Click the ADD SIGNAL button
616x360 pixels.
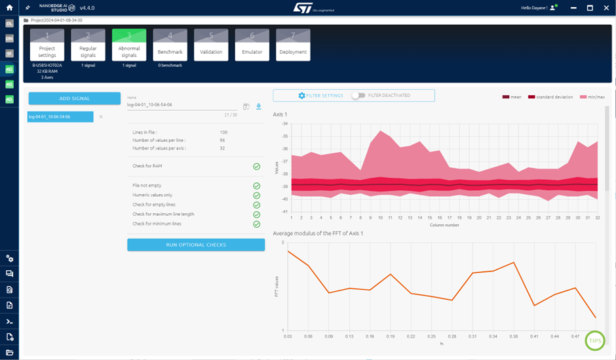point(74,98)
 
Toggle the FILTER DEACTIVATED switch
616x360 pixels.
point(358,96)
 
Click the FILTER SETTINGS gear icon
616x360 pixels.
point(301,96)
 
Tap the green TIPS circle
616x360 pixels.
point(595,340)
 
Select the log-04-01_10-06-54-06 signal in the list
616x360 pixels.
point(60,117)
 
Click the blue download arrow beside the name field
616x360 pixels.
point(259,106)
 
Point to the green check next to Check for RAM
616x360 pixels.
point(257,167)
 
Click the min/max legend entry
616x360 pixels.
point(592,97)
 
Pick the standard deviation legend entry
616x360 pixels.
point(550,97)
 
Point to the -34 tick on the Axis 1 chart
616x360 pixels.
point(285,123)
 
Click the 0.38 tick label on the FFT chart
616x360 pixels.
point(514,336)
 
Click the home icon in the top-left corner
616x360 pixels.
point(9,8)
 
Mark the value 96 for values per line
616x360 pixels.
point(223,140)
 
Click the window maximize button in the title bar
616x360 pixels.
point(590,8)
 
